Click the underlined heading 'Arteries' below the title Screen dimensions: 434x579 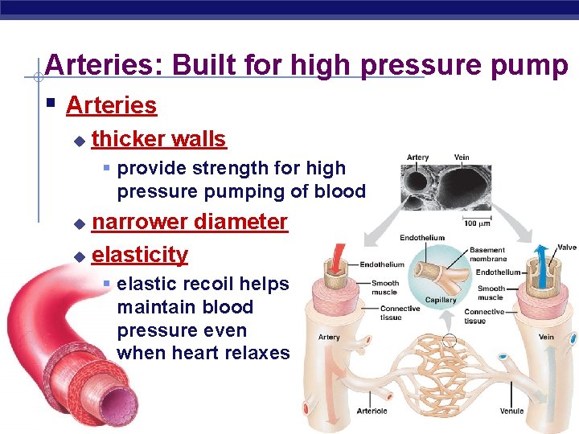pos(111,105)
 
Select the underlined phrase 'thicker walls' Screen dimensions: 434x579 pos(158,139)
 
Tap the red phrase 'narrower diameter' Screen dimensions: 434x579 pos(189,221)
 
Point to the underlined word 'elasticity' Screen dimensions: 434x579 pos(140,255)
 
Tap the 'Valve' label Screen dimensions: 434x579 pos(567,248)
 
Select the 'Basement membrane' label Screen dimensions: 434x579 pos(488,255)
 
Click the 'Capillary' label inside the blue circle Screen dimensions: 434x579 pos(441,300)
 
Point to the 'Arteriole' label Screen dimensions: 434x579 pos(372,411)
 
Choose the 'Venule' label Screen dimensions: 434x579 pos(511,411)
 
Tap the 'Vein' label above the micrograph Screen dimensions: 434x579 pos(462,158)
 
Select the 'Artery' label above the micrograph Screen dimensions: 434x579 pos(417,158)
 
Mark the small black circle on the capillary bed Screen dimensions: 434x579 pos(450,340)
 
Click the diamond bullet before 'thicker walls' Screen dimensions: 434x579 pos(78,141)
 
